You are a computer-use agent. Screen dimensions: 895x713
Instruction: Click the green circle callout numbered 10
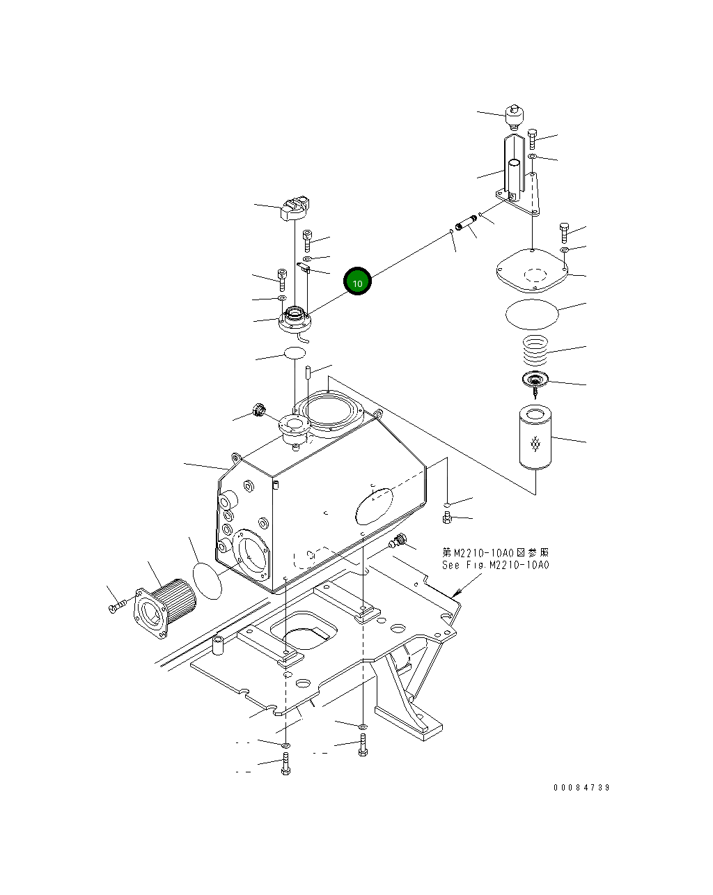[x=357, y=281]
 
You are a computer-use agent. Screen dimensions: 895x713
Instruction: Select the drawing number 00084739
[x=581, y=787]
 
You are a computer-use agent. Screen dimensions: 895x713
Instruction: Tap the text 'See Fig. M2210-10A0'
[x=495, y=565]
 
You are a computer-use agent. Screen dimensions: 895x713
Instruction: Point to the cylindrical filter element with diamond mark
[x=535, y=439]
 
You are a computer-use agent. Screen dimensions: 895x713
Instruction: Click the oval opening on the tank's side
[x=374, y=506]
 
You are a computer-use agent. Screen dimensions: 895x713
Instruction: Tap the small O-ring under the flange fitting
[x=295, y=353]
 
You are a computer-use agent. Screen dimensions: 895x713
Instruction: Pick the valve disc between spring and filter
[x=535, y=380]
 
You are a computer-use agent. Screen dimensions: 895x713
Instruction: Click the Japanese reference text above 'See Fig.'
[x=495, y=552]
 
